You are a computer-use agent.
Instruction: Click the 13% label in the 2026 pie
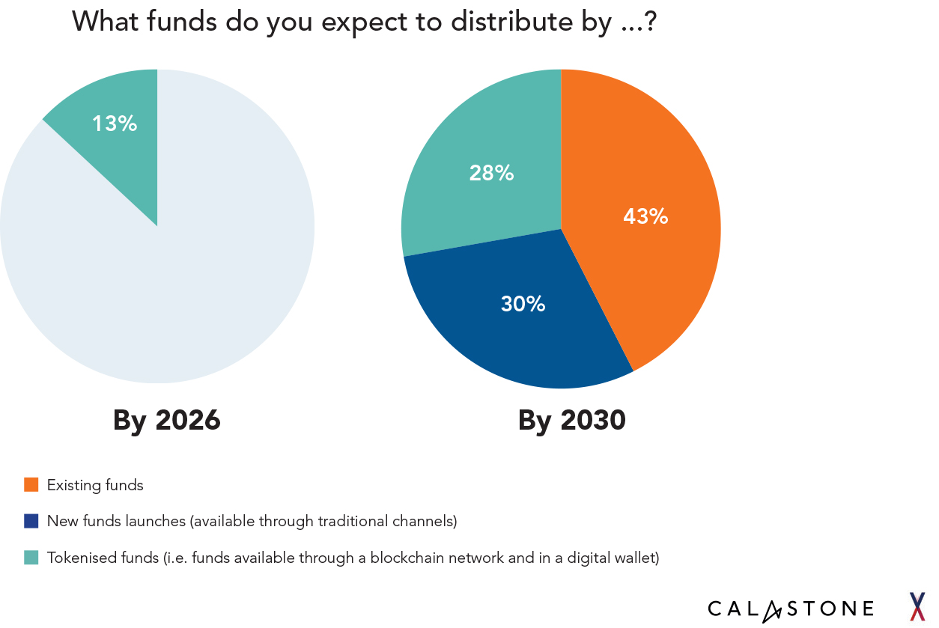tap(115, 124)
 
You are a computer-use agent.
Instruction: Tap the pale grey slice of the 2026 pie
tap(172, 284)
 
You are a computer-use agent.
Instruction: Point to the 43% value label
tap(645, 216)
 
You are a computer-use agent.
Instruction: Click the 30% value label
tap(523, 304)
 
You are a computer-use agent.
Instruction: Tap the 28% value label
tap(491, 173)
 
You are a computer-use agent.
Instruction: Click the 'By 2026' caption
tap(167, 420)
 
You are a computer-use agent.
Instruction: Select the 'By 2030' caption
tap(571, 420)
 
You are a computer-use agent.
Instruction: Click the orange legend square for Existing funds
tap(31, 485)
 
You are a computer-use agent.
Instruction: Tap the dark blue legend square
tap(31, 521)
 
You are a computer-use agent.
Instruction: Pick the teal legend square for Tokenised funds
tap(31, 558)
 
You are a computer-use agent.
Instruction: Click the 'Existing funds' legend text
tap(95, 485)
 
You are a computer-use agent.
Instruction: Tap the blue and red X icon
tap(917, 606)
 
